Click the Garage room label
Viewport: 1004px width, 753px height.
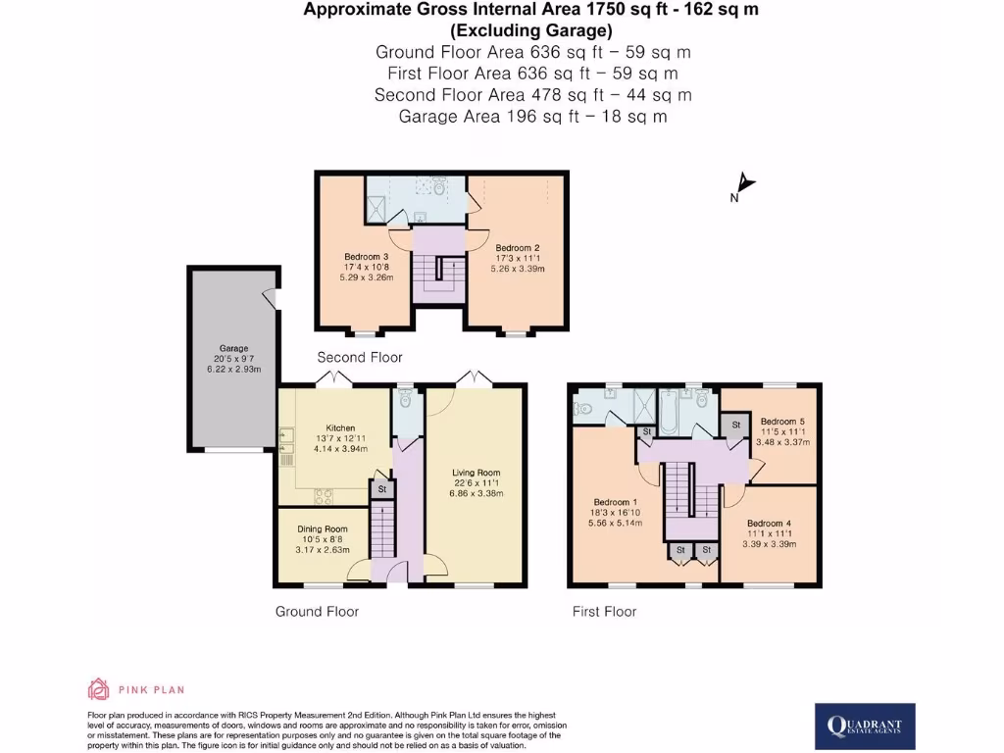[x=233, y=348]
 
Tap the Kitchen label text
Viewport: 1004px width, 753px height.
[x=339, y=428]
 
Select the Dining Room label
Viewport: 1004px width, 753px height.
[x=323, y=529]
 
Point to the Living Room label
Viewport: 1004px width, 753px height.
[x=476, y=473]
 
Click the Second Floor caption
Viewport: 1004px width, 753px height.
[x=360, y=357]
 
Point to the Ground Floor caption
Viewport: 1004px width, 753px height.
[x=317, y=611]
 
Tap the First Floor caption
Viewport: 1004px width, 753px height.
[x=604, y=611]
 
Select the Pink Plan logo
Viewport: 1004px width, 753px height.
[x=136, y=689]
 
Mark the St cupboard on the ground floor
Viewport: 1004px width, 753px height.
[x=381, y=488]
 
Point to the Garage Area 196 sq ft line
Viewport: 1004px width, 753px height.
[x=532, y=116]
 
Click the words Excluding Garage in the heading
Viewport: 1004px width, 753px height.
[x=530, y=29]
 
